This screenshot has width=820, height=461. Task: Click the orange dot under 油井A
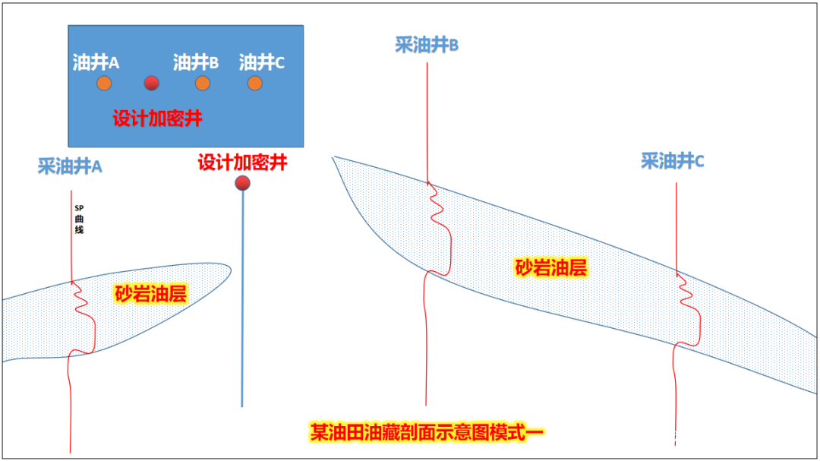click(x=104, y=83)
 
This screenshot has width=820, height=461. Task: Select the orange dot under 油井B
click(x=202, y=83)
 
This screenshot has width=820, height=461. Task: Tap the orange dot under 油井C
click(x=255, y=83)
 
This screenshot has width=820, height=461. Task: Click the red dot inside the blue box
click(x=152, y=83)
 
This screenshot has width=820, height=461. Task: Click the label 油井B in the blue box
click(x=196, y=62)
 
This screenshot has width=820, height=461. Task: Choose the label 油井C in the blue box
click(x=262, y=62)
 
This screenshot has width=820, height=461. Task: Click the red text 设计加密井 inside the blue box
click(x=158, y=119)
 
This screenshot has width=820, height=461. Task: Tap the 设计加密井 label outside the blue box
click(x=242, y=163)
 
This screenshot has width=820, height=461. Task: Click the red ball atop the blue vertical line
click(x=243, y=182)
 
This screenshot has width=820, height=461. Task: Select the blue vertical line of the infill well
click(x=242, y=304)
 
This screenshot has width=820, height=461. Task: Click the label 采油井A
click(x=70, y=166)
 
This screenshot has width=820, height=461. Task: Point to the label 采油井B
click(x=427, y=45)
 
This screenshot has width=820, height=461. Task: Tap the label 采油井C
click(x=673, y=161)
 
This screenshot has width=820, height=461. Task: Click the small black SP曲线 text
click(x=79, y=219)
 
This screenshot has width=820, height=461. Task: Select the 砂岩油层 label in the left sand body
click(x=150, y=294)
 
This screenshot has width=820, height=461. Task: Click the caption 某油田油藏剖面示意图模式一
click(x=427, y=432)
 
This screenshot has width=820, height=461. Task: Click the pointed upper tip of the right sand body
click(x=334, y=158)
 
